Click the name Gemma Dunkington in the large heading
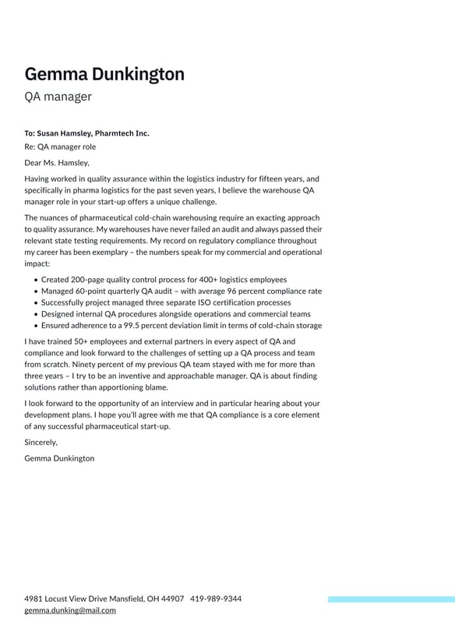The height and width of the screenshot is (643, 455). pos(104,75)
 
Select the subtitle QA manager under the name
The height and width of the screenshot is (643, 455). pos(58,97)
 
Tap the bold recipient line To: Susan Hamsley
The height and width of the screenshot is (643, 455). pos(86,133)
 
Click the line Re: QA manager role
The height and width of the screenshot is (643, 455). pos(60,147)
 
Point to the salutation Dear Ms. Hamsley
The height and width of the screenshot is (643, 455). pos(57,163)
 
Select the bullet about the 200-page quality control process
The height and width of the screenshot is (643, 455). pos(164,279)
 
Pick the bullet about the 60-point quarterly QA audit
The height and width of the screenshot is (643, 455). pos(181,291)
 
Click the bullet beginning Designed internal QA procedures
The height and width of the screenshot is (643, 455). pos(175,314)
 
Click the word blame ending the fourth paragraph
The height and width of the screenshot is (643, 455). pos(156,387)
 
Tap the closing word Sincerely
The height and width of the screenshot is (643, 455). pos(41,442)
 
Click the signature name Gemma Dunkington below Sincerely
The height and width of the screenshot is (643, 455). pos(59,458)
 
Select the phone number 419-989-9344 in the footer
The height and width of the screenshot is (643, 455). pos(216,599)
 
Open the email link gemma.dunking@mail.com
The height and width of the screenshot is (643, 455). pos(70,610)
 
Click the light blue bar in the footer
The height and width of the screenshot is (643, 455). pos(391,599)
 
